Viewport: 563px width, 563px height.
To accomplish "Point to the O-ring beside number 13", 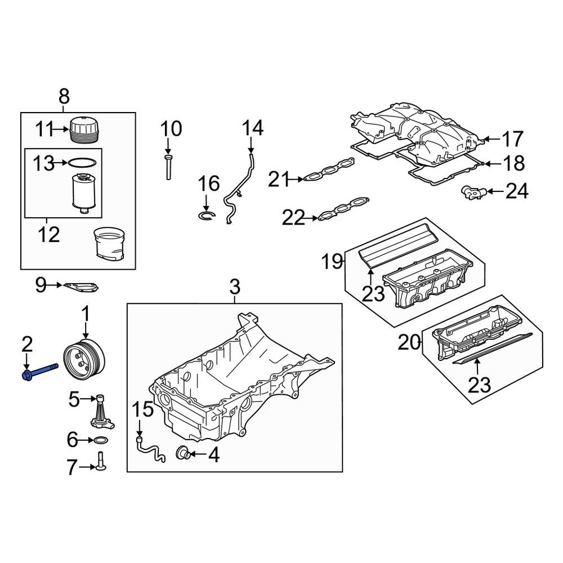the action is click(82, 163).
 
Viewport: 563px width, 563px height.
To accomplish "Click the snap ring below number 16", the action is click(207, 215).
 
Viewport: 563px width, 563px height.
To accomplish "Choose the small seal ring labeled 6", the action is click(101, 440).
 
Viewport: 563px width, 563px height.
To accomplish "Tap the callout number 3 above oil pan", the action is click(234, 287).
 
